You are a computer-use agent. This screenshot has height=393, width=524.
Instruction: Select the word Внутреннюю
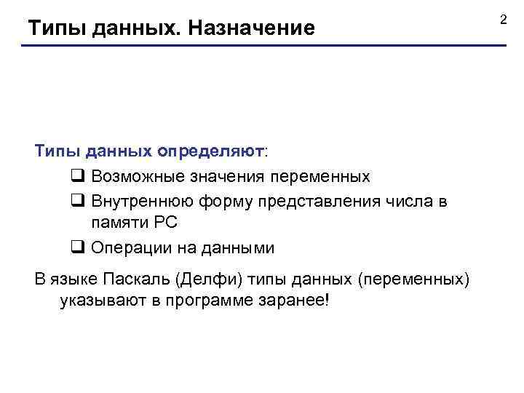coord(138,201)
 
